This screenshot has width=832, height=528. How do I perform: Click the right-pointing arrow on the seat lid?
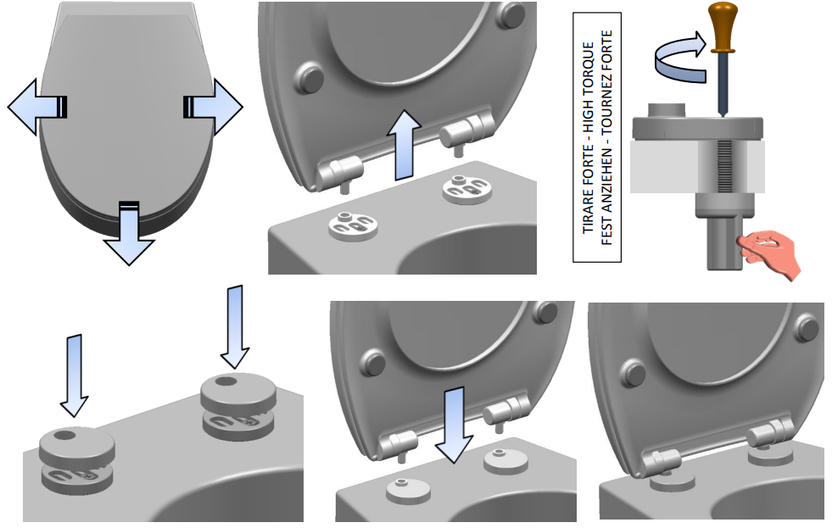(x=218, y=107)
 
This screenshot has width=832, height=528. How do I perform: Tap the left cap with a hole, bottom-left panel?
(x=76, y=443)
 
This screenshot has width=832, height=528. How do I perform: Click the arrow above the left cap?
(x=75, y=373)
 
